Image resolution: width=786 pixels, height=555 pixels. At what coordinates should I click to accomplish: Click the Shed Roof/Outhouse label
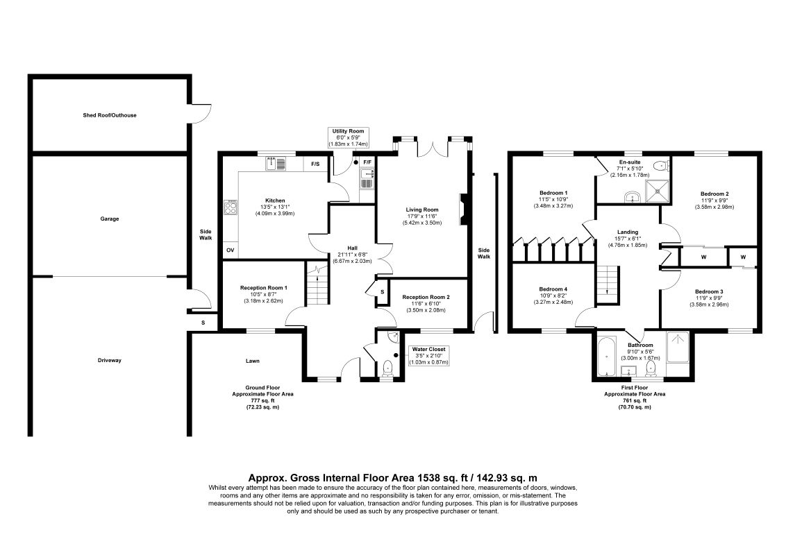coord(110,115)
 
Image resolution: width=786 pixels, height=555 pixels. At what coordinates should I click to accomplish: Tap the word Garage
coord(110,219)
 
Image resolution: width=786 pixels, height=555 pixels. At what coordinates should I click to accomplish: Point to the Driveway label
coord(110,360)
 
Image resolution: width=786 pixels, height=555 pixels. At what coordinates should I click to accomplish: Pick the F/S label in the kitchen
coord(315,164)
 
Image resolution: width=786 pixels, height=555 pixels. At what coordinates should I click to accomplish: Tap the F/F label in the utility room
coord(367,162)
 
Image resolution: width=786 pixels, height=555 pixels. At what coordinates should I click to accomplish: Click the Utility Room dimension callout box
coord(348,137)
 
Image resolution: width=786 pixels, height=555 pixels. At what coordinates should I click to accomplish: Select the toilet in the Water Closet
coord(387,368)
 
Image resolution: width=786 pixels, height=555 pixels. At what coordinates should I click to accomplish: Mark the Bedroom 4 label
coord(553,289)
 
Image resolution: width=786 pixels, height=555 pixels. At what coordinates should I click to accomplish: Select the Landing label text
coord(627,232)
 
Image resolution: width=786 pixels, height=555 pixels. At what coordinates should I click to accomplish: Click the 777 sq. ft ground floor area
coord(262,400)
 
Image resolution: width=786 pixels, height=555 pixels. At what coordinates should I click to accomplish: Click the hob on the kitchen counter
coord(231,207)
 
